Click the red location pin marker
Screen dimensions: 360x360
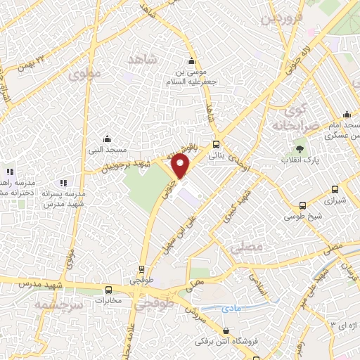click(x=181, y=166)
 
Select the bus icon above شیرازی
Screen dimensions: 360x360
click(x=334, y=188)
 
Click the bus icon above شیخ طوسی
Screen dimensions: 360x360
click(x=302, y=206)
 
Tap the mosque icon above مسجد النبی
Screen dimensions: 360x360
click(x=106, y=138)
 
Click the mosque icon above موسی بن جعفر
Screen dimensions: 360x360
click(x=191, y=60)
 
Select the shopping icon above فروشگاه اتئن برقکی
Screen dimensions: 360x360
click(x=225, y=331)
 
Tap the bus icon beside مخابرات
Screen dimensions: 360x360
click(x=108, y=290)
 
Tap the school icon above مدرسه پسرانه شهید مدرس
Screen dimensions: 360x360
click(x=64, y=182)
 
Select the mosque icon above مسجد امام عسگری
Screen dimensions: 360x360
click(x=346, y=115)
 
